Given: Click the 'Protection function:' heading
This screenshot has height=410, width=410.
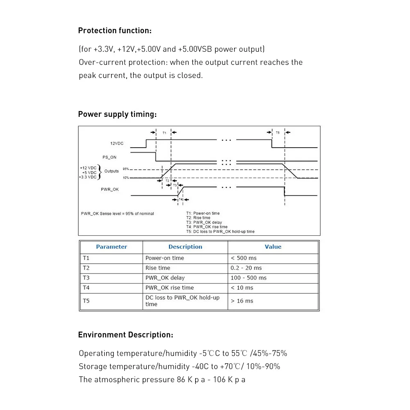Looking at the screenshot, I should pyautogui.click(x=115, y=31).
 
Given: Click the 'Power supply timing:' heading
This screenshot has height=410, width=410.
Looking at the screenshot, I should pyautogui.click(x=117, y=114).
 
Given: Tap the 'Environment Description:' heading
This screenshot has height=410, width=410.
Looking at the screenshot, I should pyautogui.click(x=125, y=335).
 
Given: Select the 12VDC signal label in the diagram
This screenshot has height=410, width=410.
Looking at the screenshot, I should pyautogui.click(x=116, y=143).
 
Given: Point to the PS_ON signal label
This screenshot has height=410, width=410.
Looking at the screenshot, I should pyautogui.click(x=109, y=157).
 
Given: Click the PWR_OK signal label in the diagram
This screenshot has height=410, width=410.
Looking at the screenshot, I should pyautogui.click(x=110, y=189).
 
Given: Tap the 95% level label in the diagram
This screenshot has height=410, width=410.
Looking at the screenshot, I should pyautogui.click(x=126, y=169).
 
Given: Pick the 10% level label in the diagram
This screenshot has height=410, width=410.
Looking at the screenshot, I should pyautogui.click(x=126, y=178).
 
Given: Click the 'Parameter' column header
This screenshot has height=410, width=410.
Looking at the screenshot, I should pyautogui.click(x=112, y=247).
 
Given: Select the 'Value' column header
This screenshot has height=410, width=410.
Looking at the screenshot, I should pyautogui.click(x=273, y=247).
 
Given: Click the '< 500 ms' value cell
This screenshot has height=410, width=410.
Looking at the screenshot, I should pyautogui.click(x=244, y=258).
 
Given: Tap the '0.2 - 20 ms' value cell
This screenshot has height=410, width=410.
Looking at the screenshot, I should pyautogui.click(x=246, y=268).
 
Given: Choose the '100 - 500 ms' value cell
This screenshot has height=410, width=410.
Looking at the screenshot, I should pyautogui.click(x=248, y=278).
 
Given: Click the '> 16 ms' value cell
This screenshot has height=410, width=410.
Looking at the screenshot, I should pyautogui.click(x=242, y=301).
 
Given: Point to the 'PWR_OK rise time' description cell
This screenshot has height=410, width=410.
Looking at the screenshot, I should pyautogui.click(x=170, y=288).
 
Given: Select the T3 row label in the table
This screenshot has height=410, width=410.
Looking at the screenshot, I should pyautogui.click(x=86, y=278).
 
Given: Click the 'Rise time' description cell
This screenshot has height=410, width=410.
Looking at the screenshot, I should pyautogui.click(x=158, y=268).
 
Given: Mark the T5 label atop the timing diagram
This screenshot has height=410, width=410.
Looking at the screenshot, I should pyautogui.click(x=278, y=133).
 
